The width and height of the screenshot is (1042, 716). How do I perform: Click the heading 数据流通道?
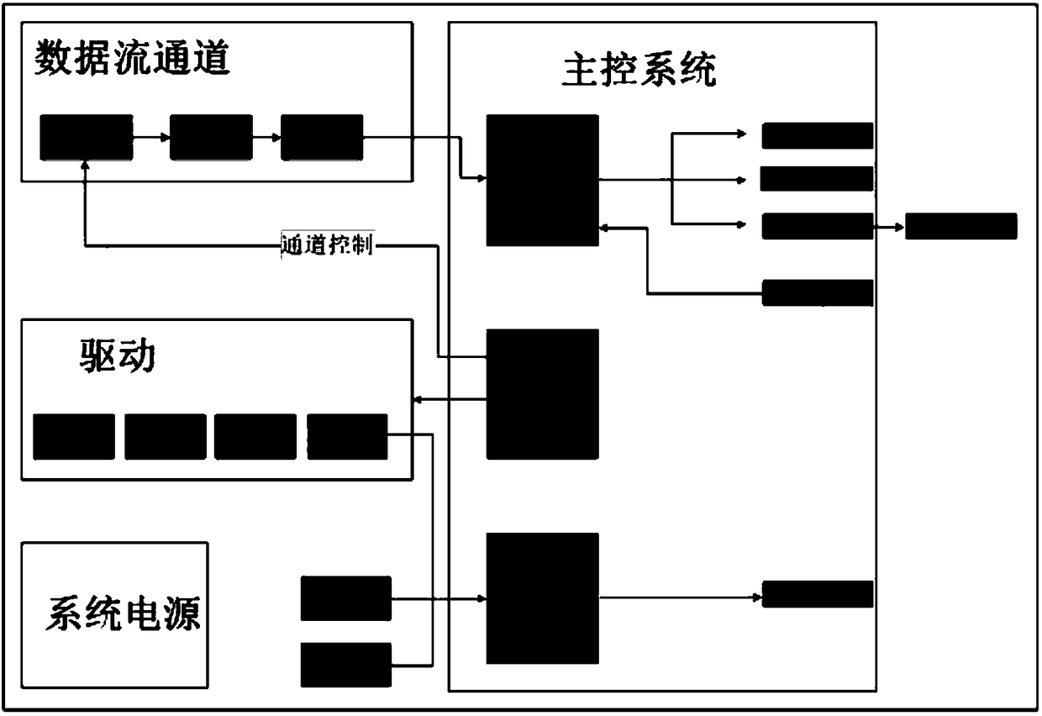point(132,61)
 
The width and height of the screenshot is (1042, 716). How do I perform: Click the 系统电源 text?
point(123,613)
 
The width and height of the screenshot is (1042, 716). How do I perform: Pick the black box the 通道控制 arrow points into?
point(87,138)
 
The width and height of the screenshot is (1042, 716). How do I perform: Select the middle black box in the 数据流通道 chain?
point(211,138)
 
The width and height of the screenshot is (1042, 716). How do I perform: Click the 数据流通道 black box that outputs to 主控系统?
point(322,138)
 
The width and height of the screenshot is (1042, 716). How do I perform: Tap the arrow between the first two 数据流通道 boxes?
point(151,138)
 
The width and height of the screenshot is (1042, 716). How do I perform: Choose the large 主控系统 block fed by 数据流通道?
point(543,180)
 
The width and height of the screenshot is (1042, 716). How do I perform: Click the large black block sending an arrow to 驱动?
point(543,393)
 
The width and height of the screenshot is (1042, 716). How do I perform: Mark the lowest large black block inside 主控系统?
point(543,598)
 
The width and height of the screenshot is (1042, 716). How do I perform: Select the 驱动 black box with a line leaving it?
point(347,436)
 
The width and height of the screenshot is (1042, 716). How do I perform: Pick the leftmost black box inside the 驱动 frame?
point(74,436)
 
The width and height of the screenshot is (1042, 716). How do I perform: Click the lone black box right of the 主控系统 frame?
point(960,226)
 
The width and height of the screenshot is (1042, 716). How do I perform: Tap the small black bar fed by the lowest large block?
point(818,594)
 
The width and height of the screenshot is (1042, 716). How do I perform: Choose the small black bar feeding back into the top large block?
point(818,292)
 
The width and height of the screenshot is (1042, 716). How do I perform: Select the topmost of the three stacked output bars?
point(818,135)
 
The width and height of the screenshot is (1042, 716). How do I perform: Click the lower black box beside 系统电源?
point(346,665)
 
